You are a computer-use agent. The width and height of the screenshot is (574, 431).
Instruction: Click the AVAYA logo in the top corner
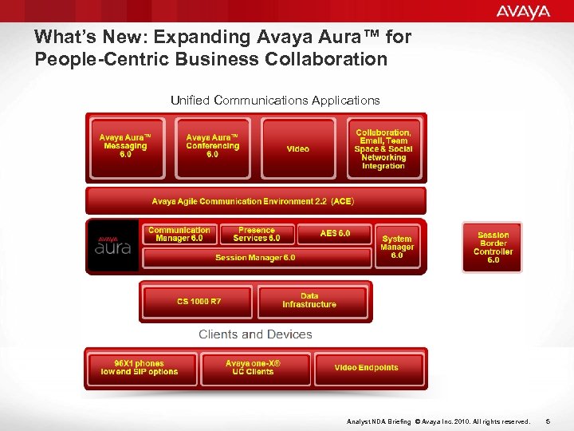click(x=523, y=11)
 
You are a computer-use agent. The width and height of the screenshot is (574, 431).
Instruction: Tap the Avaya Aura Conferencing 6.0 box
click(x=212, y=147)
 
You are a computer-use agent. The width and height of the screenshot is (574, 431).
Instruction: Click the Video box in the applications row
click(x=298, y=148)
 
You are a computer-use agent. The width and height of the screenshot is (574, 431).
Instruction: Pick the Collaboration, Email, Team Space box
click(x=383, y=148)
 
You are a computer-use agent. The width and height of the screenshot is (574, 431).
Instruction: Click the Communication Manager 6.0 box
click(x=179, y=234)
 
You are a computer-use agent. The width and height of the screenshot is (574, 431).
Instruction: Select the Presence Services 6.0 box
click(x=257, y=234)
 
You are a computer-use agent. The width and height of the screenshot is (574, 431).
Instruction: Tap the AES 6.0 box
click(x=335, y=233)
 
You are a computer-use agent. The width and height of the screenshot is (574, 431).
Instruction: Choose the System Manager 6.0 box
click(x=397, y=247)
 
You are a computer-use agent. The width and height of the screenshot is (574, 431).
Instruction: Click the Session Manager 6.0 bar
click(x=255, y=258)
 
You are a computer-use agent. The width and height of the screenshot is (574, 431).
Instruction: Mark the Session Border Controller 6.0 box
click(x=493, y=247)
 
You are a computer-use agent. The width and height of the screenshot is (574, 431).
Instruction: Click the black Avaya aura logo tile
click(x=112, y=246)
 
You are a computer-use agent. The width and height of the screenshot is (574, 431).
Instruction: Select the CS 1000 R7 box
click(x=199, y=301)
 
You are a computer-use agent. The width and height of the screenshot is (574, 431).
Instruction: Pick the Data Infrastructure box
click(x=310, y=301)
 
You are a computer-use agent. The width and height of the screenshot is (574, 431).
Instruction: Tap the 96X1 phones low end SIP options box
click(x=140, y=368)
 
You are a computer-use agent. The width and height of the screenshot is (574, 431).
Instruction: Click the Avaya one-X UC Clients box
click(x=254, y=368)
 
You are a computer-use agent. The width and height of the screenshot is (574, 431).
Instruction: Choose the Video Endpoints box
click(x=366, y=368)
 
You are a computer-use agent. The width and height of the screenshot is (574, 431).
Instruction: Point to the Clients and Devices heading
click(x=255, y=334)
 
